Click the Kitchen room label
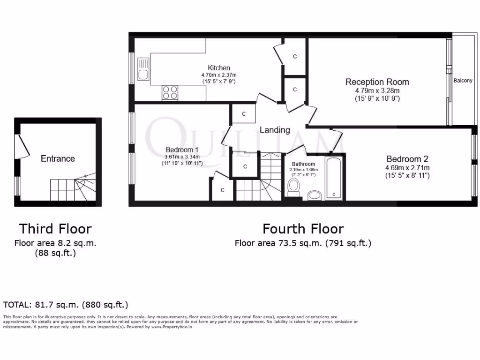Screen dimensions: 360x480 [219, 68]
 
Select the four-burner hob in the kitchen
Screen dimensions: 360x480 [170, 92]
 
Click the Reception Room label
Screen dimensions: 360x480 [377, 82]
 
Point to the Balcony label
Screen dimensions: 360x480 [463, 81]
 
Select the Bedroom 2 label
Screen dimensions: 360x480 [407, 159]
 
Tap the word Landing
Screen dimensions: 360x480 [275, 130]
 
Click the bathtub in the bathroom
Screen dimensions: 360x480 [334, 179]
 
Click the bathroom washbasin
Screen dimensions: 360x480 [314, 195]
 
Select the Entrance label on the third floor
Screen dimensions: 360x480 [58, 158]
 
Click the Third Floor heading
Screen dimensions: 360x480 [55, 229]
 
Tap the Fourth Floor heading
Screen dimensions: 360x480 [303, 229]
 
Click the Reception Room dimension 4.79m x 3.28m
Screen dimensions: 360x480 [377, 91]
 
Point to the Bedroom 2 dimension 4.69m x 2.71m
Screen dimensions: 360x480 [407, 167]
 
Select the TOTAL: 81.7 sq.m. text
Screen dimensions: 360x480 [66, 305]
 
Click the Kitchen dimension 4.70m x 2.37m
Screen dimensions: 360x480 [219, 75]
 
